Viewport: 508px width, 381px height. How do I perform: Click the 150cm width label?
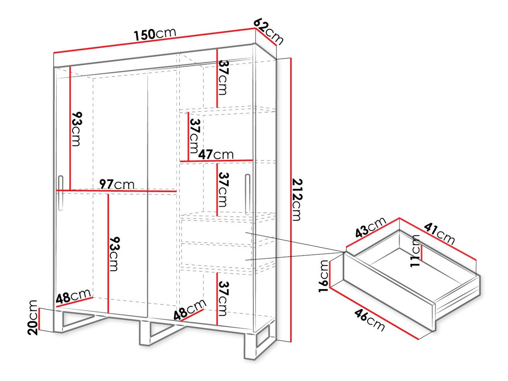(x=155, y=34)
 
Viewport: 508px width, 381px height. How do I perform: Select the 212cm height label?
(x=297, y=200)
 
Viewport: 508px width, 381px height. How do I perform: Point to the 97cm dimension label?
(x=117, y=184)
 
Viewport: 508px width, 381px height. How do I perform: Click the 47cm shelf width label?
(x=216, y=154)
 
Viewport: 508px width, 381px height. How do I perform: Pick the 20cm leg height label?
(x=32, y=317)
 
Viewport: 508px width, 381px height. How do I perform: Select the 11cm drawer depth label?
(x=415, y=251)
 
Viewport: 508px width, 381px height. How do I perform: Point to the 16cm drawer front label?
(x=323, y=276)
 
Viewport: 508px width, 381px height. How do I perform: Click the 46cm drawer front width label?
(x=370, y=320)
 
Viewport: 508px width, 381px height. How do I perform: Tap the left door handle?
(x=60, y=193)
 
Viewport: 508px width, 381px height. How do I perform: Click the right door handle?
(x=248, y=194)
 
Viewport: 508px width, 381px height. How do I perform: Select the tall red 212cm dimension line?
(x=291, y=200)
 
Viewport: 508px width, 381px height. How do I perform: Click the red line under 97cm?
(x=116, y=191)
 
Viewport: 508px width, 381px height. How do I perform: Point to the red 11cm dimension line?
(x=422, y=253)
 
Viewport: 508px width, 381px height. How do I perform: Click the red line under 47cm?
(x=216, y=161)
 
